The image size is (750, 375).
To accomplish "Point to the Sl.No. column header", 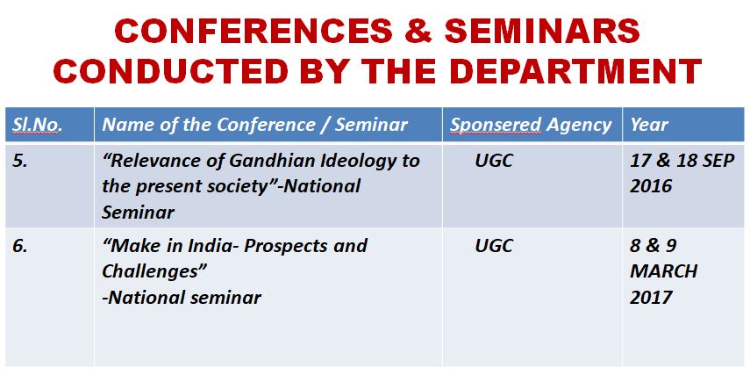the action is pos(38,125).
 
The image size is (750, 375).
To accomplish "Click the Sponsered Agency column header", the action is pos(531,126).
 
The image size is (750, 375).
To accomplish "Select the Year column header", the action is pos(649,125).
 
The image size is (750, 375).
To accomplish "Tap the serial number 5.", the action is pos(20,161).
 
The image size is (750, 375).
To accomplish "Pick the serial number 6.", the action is pos(20,246).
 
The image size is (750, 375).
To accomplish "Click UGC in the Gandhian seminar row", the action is pos(494,161).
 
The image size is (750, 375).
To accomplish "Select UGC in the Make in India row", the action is pos(494,246).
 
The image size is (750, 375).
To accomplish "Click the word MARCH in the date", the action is pos(663,271).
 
